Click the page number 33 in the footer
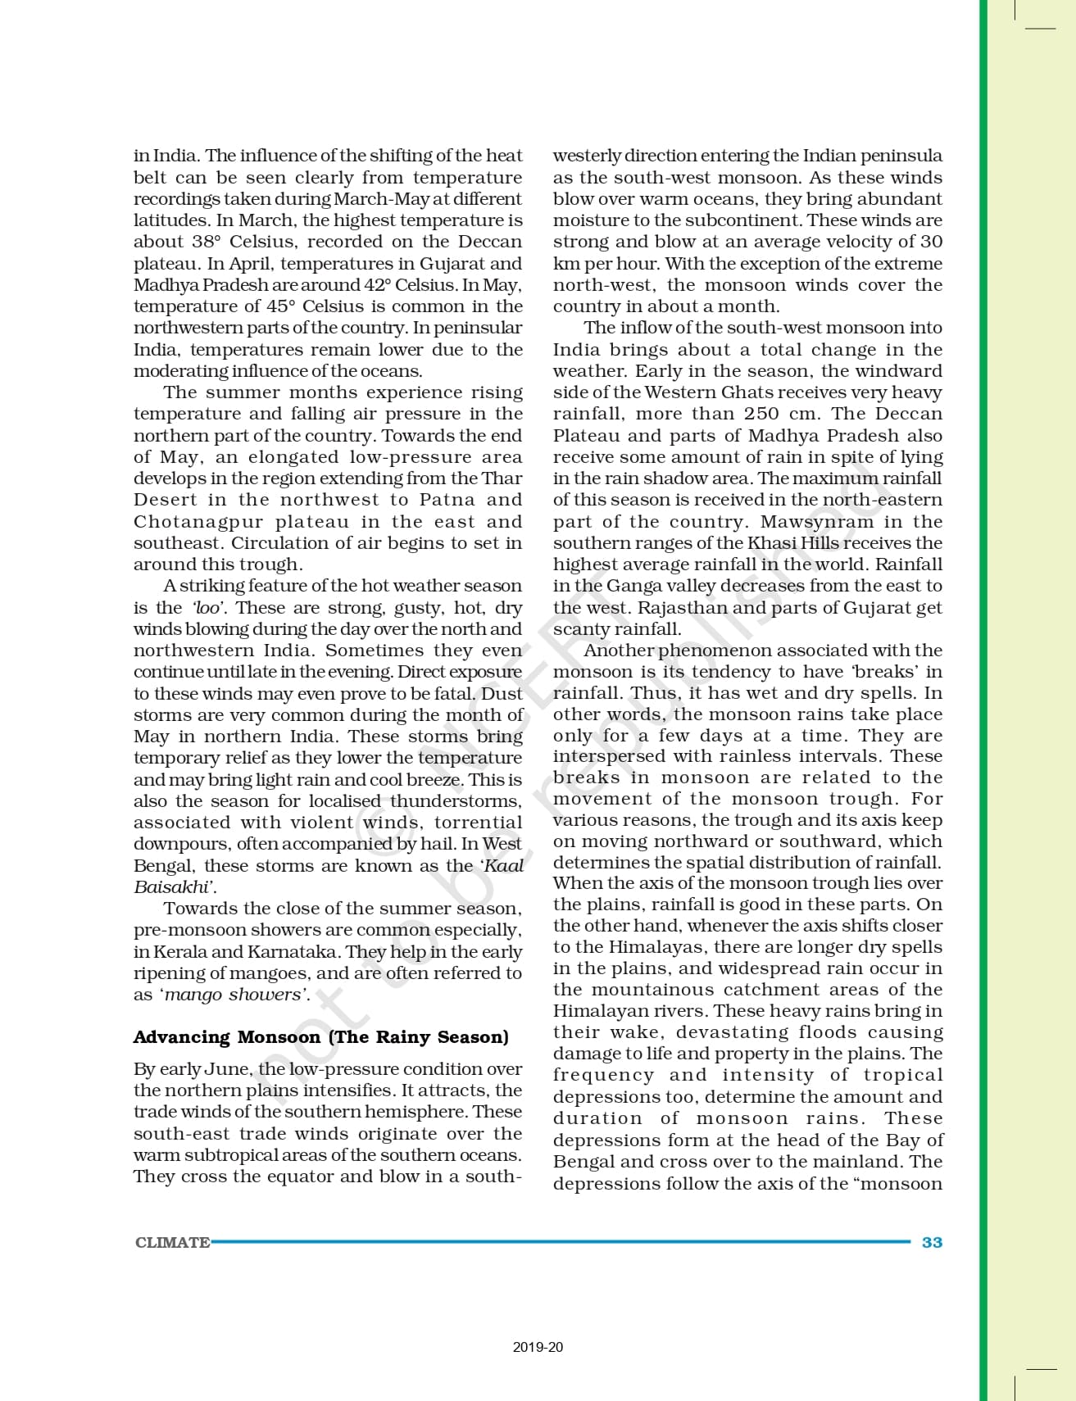pyautogui.click(x=932, y=1242)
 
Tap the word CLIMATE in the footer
pyautogui.click(x=172, y=1242)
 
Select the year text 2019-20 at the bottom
pyautogui.click(x=538, y=1347)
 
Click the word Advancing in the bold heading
pyautogui.click(x=181, y=1037)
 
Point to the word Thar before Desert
pyautogui.click(x=504, y=478)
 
